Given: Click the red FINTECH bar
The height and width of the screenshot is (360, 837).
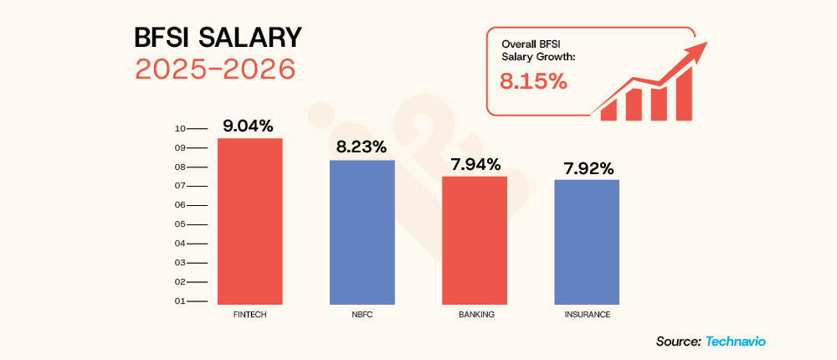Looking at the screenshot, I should click(x=249, y=221).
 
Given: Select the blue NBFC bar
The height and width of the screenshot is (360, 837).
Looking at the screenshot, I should click(x=362, y=232).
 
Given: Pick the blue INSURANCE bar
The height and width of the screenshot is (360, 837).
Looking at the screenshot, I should click(x=587, y=242).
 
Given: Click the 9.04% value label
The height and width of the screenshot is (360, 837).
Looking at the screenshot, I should click(x=248, y=126).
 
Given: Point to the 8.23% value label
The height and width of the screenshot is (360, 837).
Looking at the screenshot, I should click(x=361, y=147).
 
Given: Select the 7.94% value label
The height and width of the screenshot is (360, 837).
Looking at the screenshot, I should click(x=474, y=163).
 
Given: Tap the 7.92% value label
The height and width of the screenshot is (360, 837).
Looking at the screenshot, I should click(x=587, y=167).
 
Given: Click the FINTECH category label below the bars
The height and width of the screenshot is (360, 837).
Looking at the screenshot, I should click(x=249, y=315).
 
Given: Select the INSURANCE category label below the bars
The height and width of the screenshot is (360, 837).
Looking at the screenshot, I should click(x=587, y=315).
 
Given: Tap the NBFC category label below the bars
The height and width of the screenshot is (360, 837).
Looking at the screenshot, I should click(x=362, y=315).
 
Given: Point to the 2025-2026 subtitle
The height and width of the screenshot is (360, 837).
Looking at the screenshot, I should click(x=215, y=69).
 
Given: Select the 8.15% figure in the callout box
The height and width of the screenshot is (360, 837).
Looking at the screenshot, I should click(x=533, y=82).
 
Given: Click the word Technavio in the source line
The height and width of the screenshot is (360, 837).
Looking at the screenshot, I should click(x=736, y=341).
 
